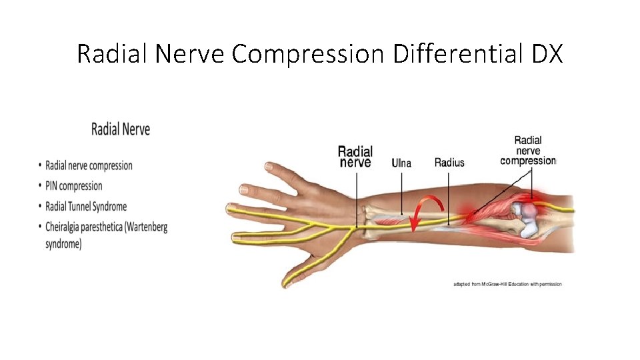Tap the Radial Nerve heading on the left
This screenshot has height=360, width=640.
[121, 129]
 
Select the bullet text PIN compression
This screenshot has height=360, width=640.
[74, 186]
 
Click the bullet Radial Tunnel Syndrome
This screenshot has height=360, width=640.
[86, 207]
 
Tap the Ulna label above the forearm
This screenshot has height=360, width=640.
[401, 162]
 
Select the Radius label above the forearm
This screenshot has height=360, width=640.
[449, 162]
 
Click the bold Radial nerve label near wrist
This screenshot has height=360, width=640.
[355, 156]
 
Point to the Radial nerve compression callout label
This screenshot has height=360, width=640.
[528, 151]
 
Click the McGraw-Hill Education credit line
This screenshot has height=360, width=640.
[507, 284]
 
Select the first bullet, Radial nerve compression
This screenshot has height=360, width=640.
[89, 165]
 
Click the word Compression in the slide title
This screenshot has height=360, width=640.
[308, 53]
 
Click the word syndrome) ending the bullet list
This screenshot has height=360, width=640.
[63, 244]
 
